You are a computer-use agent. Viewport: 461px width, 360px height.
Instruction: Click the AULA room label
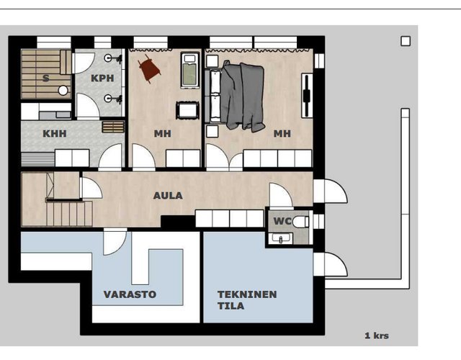point(168,195)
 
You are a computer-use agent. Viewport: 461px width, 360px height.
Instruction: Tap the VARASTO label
point(130,294)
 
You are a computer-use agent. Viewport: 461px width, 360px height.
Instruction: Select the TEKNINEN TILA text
point(247,300)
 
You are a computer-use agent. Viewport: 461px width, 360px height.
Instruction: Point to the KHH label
point(55,134)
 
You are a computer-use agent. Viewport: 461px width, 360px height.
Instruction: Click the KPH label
point(102,78)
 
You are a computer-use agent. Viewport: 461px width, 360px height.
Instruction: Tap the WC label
point(282,221)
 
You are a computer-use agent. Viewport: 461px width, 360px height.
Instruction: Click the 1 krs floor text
point(377,336)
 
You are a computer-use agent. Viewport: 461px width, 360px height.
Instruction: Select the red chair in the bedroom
point(149,69)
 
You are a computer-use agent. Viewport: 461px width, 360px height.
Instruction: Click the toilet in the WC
point(301,222)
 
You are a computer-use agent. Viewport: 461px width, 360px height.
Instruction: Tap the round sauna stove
point(63,91)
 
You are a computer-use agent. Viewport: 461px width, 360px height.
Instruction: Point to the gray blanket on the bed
point(242,96)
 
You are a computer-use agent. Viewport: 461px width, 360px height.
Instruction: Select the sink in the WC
point(282,238)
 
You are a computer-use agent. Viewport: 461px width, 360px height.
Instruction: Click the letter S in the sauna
point(46,78)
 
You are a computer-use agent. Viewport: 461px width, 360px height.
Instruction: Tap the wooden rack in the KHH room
point(113,127)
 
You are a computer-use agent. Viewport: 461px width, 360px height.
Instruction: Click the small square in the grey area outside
point(406,41)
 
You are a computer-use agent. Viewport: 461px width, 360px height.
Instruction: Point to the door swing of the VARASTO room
point(115,243)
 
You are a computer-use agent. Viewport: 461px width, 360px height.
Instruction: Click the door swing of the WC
point(282,195)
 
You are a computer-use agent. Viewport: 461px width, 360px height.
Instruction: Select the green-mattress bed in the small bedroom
point(190,70)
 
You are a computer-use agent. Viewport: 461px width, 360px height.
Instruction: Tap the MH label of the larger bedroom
point(282,134)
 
